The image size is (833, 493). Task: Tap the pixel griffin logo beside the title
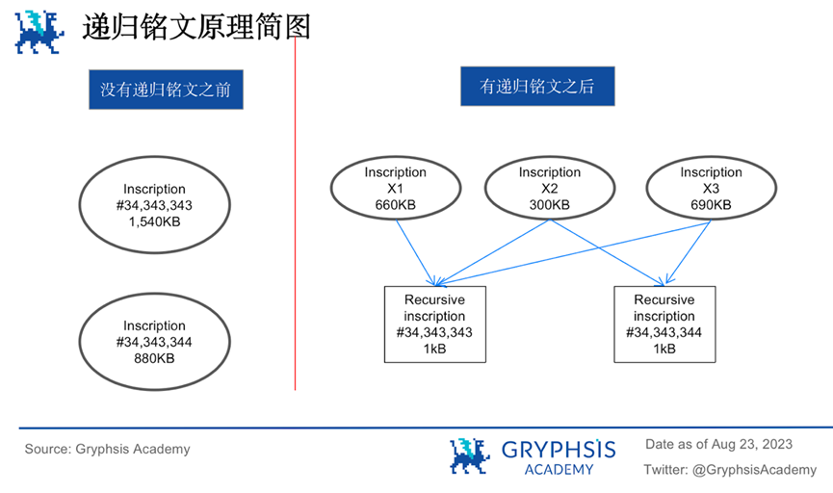tap(39, 31)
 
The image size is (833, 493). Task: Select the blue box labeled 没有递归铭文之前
tap(165, 91)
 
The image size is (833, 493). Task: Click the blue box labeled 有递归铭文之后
tap(537, 86)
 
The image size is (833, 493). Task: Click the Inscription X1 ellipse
tap(395, 189)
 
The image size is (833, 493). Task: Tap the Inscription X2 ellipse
tap(549, 189)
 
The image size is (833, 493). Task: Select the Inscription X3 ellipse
tap(711, 189)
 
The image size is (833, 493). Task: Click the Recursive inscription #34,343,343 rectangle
tap(434, 324)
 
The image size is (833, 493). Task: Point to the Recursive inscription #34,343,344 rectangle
tap(664, 324)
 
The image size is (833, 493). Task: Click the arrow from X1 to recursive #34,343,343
tap(415, 252)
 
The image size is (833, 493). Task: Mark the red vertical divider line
tap(295, 241)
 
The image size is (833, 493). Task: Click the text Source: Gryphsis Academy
tap(107, 449)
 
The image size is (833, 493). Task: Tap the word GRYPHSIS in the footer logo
tap(558, 449)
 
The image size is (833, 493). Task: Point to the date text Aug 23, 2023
tap(752, 444)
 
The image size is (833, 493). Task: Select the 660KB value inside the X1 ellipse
tap(395, 204)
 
